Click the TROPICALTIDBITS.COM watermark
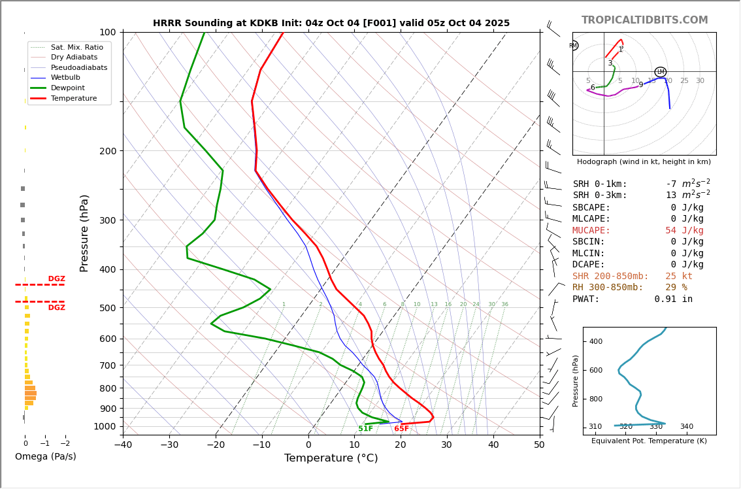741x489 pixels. click(x=644, y=20)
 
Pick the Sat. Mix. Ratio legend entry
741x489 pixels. click(x=76, y=47)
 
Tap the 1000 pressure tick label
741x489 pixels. click(x=105, y=426)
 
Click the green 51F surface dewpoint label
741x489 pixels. click(x=365, y=429)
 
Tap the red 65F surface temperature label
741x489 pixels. click(x=401, y=429)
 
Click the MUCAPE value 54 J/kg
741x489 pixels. click(x=684, y=231)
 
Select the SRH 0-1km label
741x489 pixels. click(x=600, y=184)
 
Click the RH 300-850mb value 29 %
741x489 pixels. click(x=676, y=288)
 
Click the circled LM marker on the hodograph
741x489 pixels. click(x=660, y=72)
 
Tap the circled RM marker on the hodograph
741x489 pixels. click(x=573, y=46)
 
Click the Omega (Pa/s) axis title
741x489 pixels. click(x=45, y=456)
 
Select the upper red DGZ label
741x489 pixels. click(x=56, y=279)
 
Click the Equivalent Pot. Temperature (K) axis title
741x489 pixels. click(x=649, y=441)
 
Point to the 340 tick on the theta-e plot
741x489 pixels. click(x=686, y=427)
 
